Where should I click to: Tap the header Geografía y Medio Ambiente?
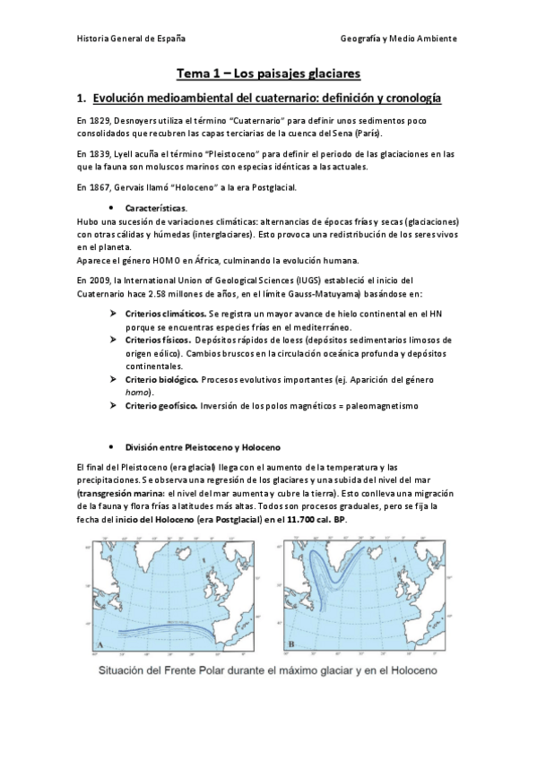[399, 39]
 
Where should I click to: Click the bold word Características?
[156, 208]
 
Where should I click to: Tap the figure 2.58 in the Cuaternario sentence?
[174, 293]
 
